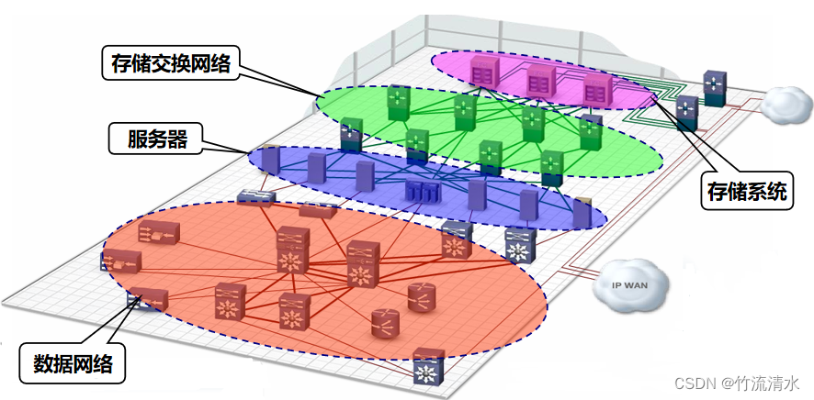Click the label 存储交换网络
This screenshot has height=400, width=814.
tap(169, 61)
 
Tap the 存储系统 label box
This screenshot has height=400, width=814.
tap(746, 191)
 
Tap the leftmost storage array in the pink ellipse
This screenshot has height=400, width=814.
tap(483, 71)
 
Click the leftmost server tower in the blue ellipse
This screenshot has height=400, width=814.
tap(269, 160)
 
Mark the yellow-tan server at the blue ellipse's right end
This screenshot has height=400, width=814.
tap(582, 213)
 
